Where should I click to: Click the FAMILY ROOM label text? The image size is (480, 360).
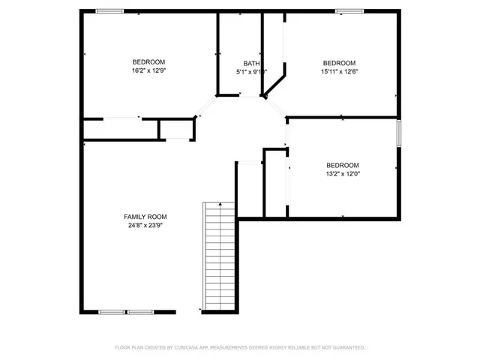click(145, 217)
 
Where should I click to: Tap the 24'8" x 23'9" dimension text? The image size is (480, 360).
click(145, 224)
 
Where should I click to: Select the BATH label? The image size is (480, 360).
click(251, 64)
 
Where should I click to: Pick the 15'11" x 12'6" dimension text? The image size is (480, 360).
click(339, 71)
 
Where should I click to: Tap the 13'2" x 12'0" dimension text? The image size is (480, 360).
click(342, 173)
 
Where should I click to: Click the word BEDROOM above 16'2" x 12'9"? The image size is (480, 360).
click(148, 62)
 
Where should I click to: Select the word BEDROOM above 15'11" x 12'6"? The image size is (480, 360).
click(339, 62)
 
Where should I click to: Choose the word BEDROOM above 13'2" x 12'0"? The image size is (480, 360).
click(342, 165)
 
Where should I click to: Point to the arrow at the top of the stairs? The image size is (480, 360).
click(220, 204)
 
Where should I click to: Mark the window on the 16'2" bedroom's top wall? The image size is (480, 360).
click(109, 10)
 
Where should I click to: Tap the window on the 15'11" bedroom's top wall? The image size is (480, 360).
click(349, 10)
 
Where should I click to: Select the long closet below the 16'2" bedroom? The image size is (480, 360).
click(120, 129)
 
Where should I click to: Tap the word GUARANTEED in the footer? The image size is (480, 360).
click(347, 347)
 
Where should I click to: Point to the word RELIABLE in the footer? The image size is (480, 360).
click(301, 347)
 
